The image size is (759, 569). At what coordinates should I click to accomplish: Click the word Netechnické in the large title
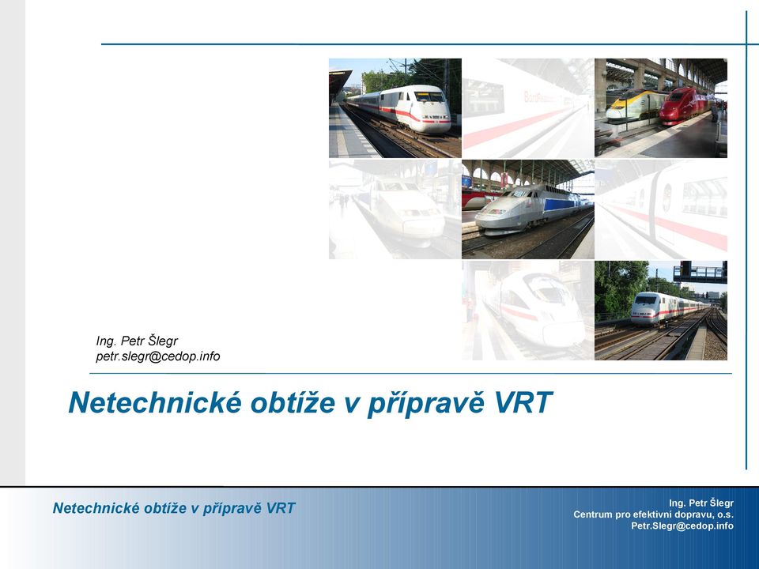point(155,402)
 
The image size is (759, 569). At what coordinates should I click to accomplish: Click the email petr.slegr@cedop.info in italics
point(158,356)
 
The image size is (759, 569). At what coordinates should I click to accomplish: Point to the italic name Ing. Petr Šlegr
point(137,341)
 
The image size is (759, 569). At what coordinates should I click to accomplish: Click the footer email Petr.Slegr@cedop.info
point(682,526)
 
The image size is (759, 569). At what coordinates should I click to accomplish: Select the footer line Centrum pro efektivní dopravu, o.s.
point(654,514)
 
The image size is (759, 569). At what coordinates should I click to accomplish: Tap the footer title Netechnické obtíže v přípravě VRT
point(174,508)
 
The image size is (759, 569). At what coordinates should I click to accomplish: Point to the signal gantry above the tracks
point(700,272)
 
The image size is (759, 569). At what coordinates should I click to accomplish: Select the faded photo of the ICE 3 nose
point(527,310)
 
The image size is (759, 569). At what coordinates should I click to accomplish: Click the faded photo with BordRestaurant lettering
point(527,108)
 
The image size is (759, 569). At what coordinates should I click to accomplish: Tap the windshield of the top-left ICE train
point(429,96)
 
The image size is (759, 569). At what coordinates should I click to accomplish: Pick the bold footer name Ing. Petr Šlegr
point(701,503)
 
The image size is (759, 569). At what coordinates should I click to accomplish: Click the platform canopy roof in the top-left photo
point(339,81)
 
